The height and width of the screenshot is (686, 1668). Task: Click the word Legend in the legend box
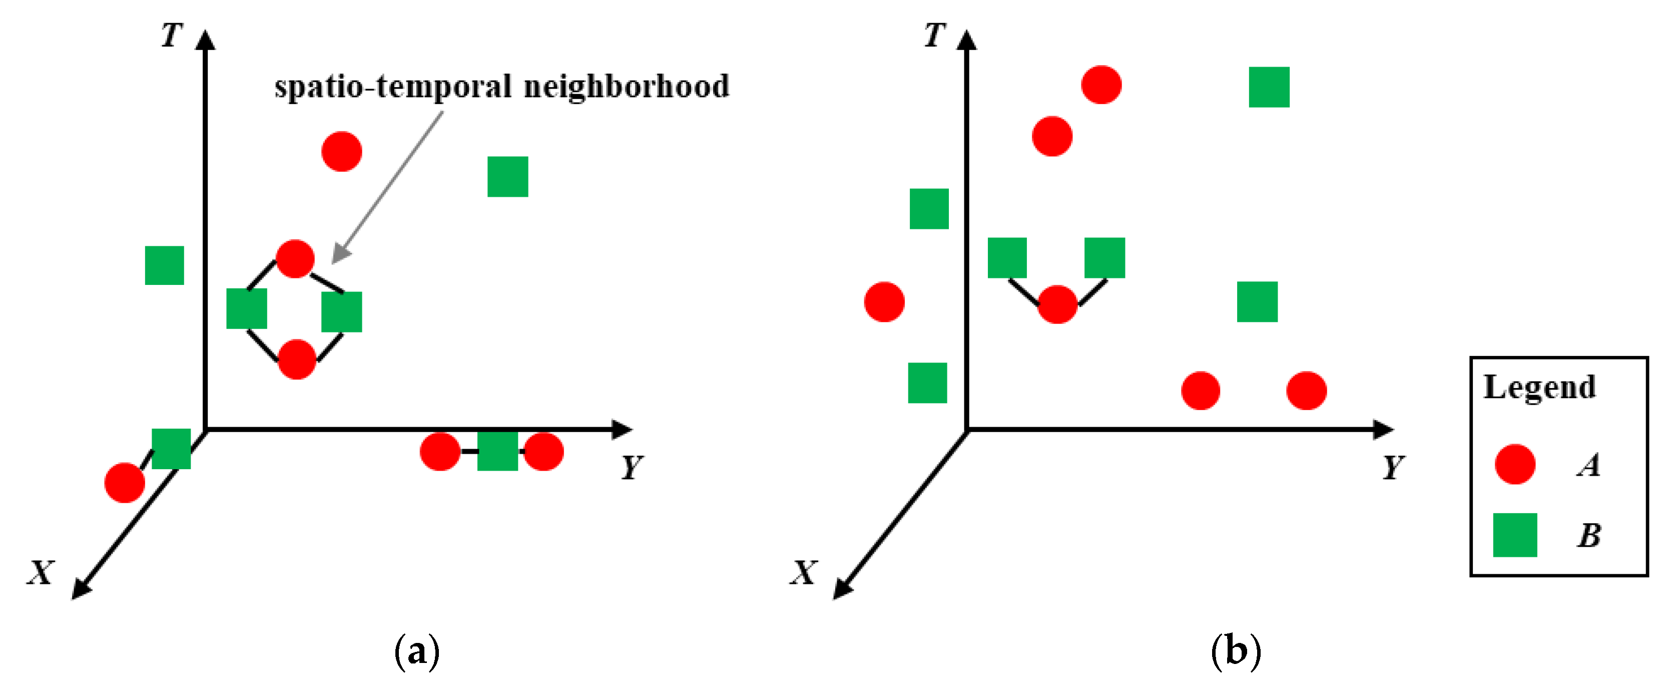(1539, 388)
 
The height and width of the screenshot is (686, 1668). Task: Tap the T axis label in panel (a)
(172, 35)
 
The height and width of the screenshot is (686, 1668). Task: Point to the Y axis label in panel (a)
(632, 466)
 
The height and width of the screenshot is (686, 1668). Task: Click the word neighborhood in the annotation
(626, 87)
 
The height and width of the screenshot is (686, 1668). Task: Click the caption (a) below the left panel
(416, 650)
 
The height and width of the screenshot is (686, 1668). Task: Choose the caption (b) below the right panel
(1236, 650)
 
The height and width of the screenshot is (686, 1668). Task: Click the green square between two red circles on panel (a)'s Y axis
(497, 451)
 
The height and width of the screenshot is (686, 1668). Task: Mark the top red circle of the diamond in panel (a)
(295, 259)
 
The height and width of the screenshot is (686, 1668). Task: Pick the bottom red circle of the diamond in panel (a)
(297, 359)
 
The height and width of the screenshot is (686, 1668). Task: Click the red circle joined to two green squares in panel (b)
(1057, 304)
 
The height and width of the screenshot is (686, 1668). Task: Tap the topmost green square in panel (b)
(1269, 87)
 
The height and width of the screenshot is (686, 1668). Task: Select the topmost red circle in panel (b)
(1101, 85)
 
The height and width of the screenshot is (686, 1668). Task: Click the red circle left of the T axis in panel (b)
(884, 302)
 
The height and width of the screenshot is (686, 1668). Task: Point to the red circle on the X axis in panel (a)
(124, 483)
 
